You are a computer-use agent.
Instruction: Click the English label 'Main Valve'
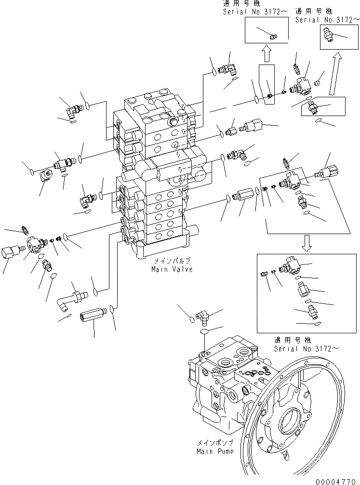point(172,269)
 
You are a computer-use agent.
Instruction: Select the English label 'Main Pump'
point(215,451)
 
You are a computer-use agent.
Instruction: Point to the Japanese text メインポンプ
point(215,442)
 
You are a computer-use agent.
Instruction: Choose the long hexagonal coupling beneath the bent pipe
point(90,318)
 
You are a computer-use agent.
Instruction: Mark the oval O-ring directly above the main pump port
point(203,332)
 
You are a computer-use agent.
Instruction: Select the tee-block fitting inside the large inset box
point(291,264)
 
